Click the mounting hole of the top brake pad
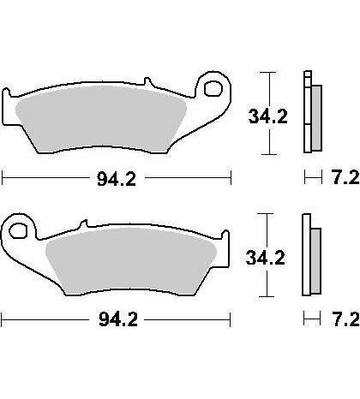coord(213,88)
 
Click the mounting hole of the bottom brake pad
coord(18,230)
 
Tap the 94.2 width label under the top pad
coord(117,179)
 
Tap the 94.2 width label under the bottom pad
coord(118,319)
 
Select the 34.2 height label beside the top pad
coord(268,116)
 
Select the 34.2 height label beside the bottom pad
coord(266,258)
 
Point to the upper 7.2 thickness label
coord(345,178)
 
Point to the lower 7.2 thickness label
coord(345,319)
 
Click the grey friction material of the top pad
coord(100,119)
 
